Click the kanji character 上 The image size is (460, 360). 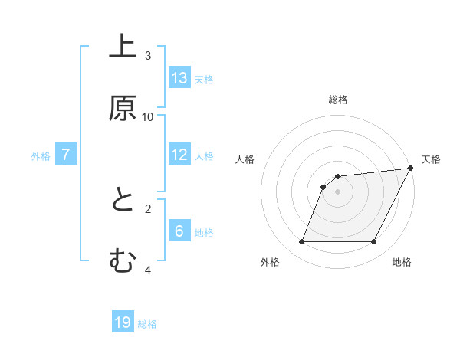123,46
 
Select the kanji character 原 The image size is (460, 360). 123,109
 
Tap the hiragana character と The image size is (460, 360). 123,201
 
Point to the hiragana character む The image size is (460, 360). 123,262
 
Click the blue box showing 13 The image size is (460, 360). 179,78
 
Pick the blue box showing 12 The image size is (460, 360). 179,155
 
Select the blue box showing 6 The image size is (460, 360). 179,231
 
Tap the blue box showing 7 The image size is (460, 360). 66,155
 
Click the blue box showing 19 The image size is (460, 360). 123,322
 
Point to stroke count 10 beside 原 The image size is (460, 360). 148,117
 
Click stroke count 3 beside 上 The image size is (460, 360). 148,56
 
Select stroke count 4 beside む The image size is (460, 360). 148,270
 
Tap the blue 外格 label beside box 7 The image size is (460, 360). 41,155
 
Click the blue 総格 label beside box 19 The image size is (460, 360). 147,324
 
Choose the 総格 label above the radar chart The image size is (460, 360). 338,100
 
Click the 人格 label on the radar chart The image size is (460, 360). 245,159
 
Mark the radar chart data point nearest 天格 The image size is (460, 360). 411,169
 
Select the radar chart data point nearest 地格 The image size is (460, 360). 374,242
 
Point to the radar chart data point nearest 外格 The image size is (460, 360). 301,242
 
